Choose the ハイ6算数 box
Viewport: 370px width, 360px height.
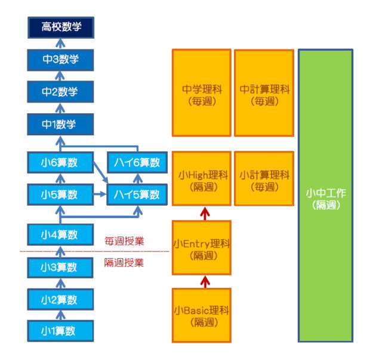[x=138, y=162]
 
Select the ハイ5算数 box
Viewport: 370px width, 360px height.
[x=138, y=194]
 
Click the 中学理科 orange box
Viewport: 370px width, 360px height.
[x=202, y=92]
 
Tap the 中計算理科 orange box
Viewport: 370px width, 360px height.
[x=264, y=92]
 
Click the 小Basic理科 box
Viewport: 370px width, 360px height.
[x=202, y=315]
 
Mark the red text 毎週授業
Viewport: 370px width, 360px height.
[x=124, y=241]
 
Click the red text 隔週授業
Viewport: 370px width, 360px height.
[x=124, y=263]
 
